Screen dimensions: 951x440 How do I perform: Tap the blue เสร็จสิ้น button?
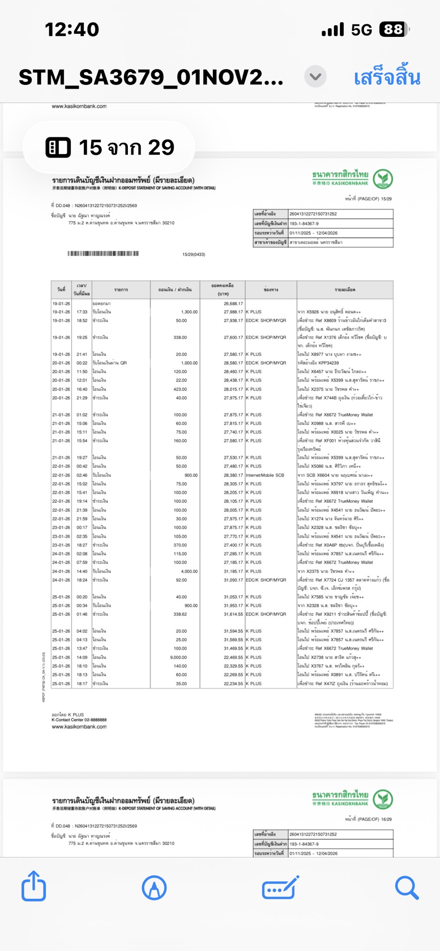point(387,78)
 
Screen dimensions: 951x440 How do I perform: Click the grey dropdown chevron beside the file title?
point(315,77)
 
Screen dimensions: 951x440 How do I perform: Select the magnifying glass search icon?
point(407,887)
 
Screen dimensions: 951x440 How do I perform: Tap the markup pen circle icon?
point(154,887)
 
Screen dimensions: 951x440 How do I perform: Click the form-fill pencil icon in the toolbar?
point(280,887)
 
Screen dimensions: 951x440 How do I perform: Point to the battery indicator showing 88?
point(393,29)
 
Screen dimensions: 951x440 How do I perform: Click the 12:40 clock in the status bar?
point(72,29)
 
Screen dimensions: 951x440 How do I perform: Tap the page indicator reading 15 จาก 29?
point(109,148)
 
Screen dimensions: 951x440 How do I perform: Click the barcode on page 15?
point(103,254)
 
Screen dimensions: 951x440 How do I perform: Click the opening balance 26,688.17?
point(233,304)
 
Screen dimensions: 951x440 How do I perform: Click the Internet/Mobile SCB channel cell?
point(265,475)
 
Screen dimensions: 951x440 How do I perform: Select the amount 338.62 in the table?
point(180,614)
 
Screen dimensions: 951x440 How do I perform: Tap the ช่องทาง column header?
point(271,290)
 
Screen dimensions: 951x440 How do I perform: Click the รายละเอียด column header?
point(344,290)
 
